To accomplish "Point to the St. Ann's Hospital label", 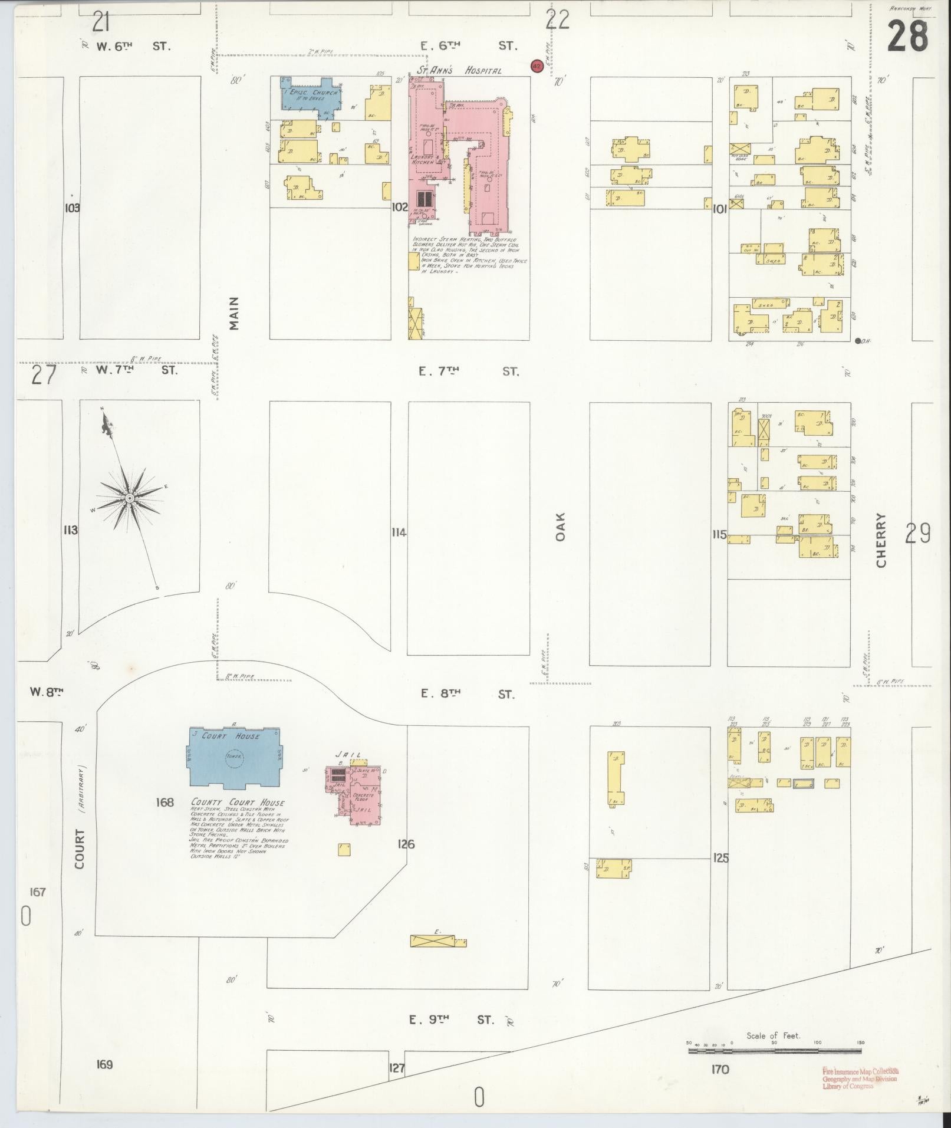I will (459, 70).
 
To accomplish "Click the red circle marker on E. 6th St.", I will (537, 66).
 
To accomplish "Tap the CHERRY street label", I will (881, 540).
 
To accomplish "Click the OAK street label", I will (560, 526).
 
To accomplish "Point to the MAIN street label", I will (234, 313).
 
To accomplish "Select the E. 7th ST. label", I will (469, 371).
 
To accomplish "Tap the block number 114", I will (399, 532).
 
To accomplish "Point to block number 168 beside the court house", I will (165, 802).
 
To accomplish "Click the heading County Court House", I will (238, 803).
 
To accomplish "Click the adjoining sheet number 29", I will (918, 534).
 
